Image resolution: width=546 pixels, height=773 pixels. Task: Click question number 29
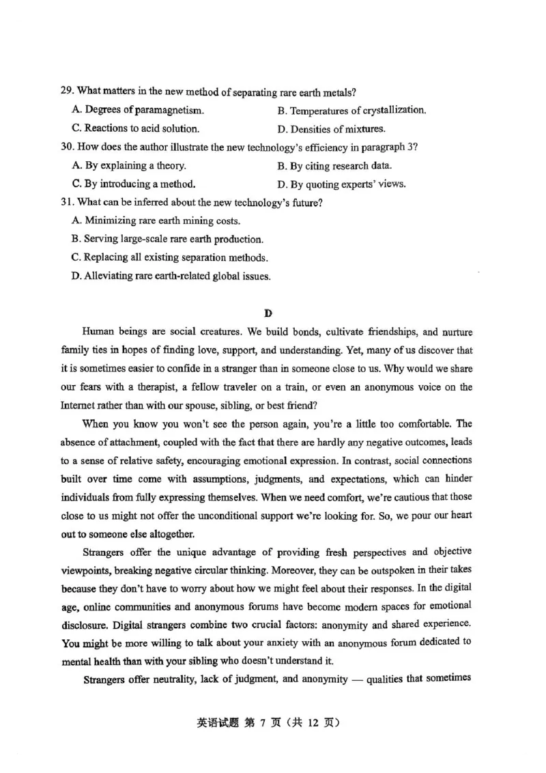(x=67, y=92)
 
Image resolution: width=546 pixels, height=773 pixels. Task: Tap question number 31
(x=67, y=202)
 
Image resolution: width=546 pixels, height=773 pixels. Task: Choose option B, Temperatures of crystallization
(x=351, y=110)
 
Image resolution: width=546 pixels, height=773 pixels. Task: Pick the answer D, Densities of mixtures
(x=331, y=128)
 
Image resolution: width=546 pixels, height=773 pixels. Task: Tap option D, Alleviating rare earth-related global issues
(x=171, y=276)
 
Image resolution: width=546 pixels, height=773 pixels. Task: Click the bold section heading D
(x=268, y=313)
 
